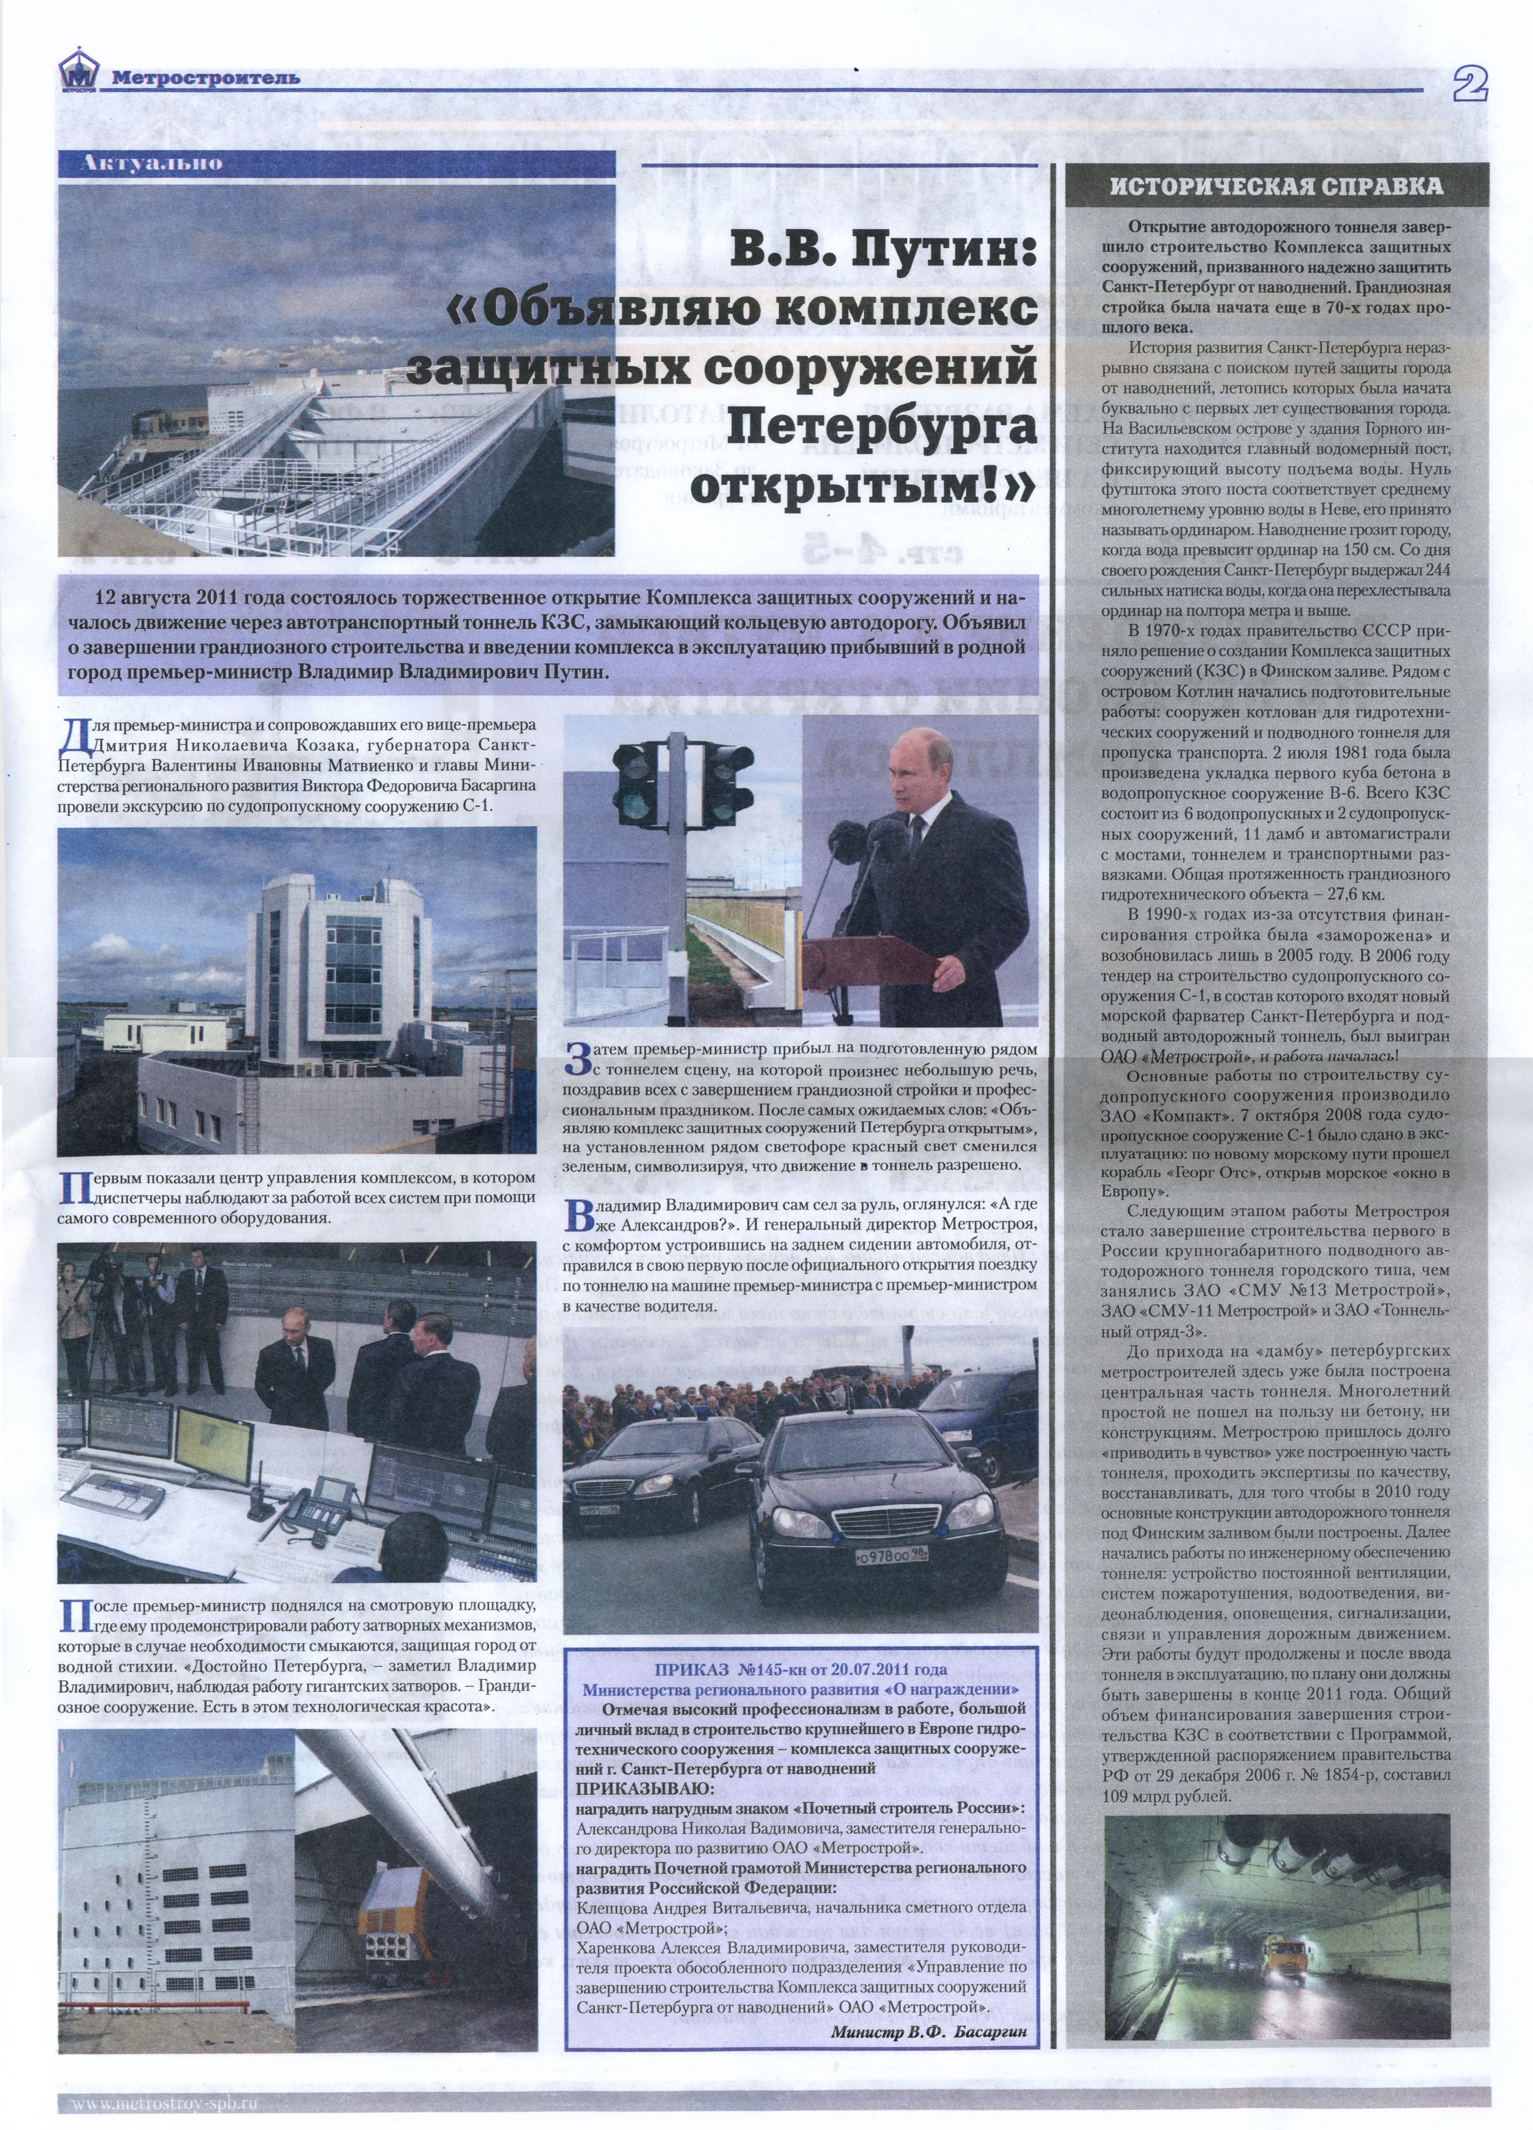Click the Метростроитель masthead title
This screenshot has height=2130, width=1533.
(x=206, y=78)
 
